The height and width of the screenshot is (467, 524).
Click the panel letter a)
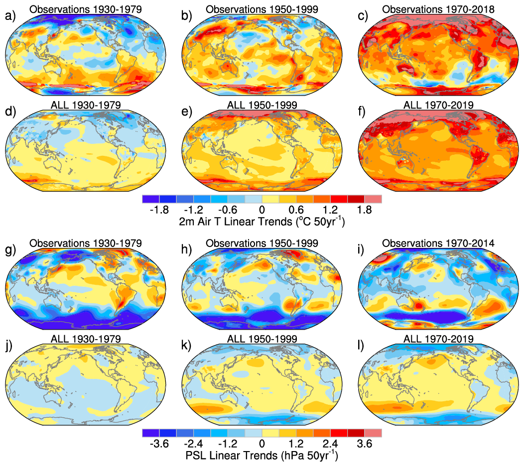click(9, 16)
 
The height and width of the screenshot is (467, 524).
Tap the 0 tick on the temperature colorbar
click(262, 210)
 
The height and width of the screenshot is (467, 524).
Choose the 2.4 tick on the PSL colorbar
click(330, 444)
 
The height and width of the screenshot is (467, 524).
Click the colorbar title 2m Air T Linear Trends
click(262, 221)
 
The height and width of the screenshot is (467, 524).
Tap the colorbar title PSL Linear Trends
click(262, 455)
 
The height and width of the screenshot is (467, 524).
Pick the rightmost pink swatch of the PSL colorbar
click(373, 433)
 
